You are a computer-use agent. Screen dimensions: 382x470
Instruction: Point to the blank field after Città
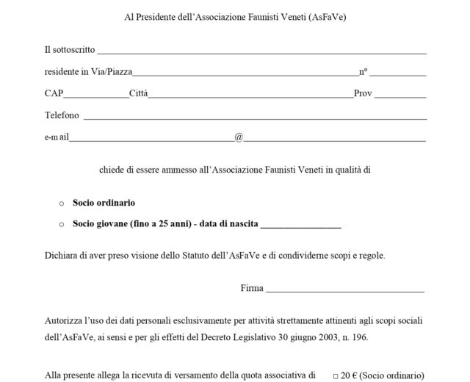[x=250, y=95]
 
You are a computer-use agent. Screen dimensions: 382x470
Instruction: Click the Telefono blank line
[x=256, y=117]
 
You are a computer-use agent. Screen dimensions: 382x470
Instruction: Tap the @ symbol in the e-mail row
[x=239, y=137]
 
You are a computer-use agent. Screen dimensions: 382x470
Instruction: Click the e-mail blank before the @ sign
[x=151, y=138]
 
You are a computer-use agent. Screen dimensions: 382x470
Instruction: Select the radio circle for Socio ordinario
[x=62, y=203]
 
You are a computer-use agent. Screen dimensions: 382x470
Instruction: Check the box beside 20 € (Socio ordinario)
[x=336, y=375]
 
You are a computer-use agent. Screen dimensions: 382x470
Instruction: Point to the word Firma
[x=252, y=288]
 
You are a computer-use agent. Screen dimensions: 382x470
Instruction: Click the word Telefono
[x=62, y=115]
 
